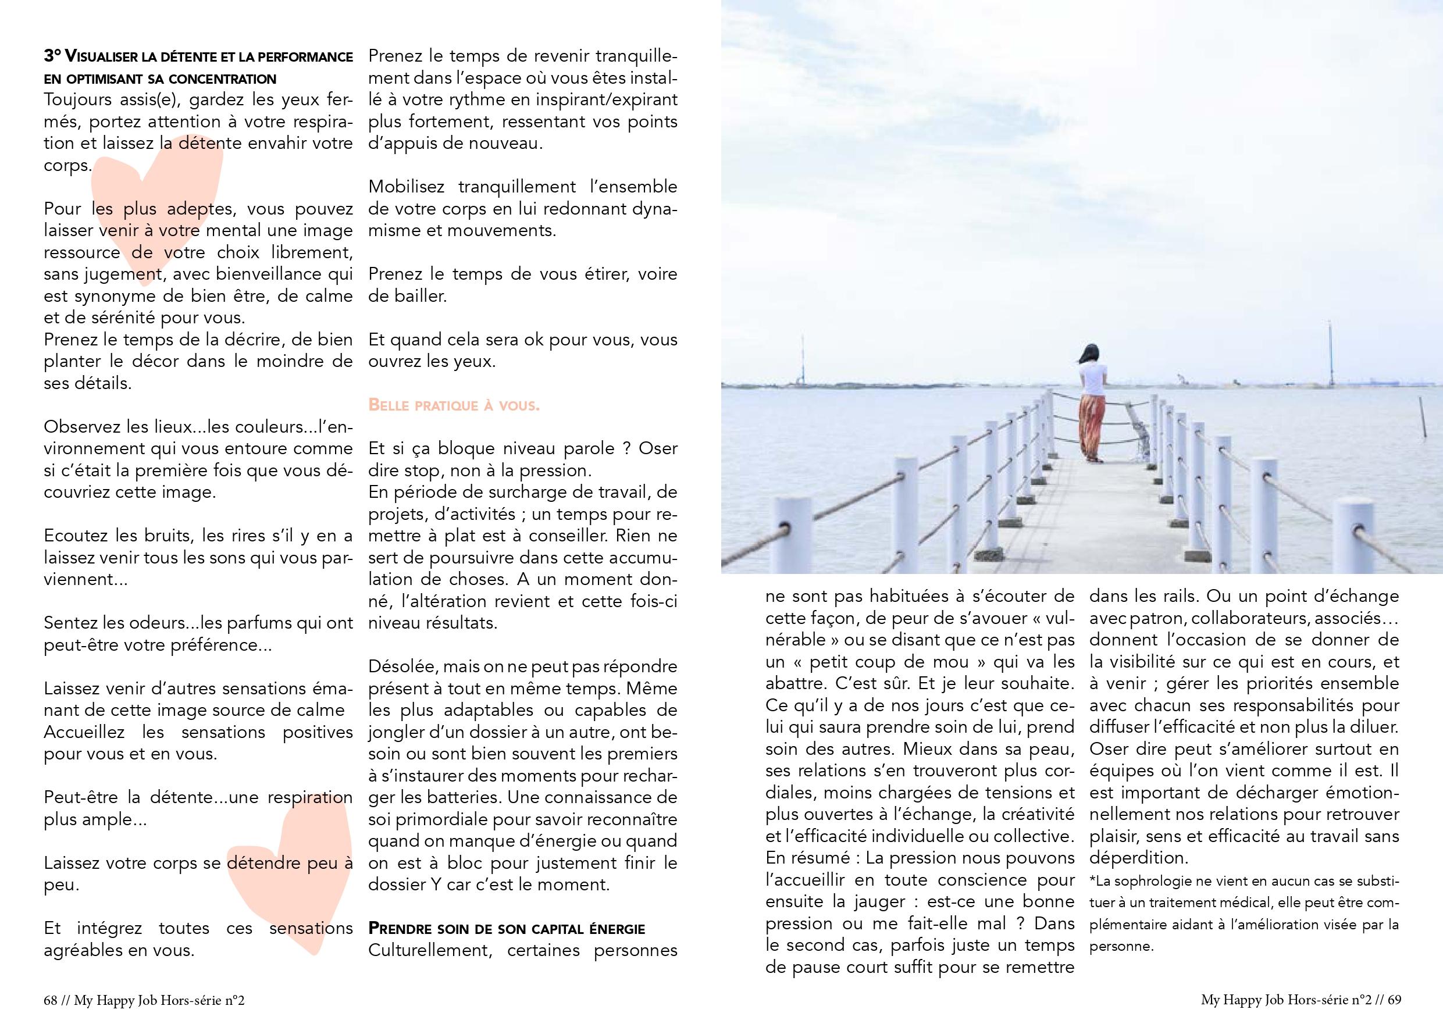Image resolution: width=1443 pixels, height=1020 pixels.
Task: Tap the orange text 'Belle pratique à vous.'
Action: [454, 405]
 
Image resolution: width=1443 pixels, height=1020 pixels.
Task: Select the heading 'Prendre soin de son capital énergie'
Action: [507, 929]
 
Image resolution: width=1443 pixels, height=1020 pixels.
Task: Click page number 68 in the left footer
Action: [50, 1000]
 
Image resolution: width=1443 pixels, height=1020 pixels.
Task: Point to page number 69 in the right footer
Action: [1394, 999]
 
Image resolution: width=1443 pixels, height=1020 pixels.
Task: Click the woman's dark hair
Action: [1091, 353]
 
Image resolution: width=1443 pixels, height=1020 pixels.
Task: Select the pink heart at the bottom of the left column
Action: [295, 873]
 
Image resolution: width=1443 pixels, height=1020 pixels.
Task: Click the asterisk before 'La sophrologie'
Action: [1092, 880]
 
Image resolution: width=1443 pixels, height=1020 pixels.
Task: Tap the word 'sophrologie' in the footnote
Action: [1150, 881]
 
